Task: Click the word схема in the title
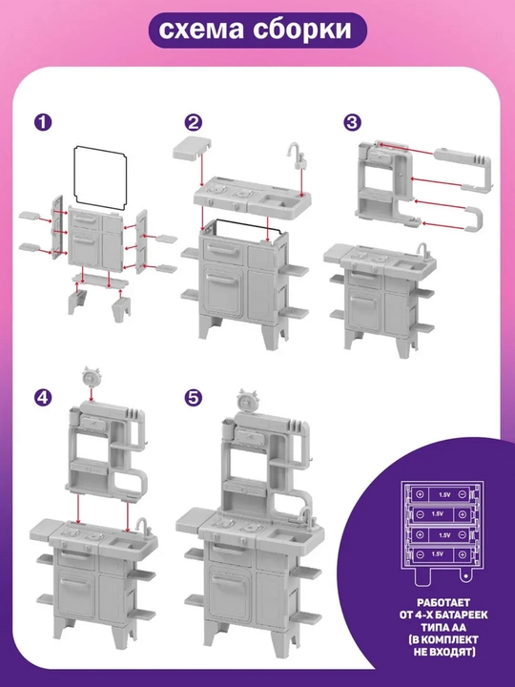click(201, 31)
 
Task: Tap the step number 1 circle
click(43, 122)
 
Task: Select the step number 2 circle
click(193, 122)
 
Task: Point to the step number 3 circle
click(352, 122)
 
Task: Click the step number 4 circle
click(43, 397)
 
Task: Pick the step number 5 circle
click(193, 397)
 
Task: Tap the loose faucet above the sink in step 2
click(297, 156)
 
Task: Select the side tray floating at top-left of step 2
click(192, 150)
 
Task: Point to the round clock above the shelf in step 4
click(91, 377)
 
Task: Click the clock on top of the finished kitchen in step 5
click(247, 400)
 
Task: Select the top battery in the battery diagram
click(442, 494)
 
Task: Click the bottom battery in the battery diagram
click(442, 554)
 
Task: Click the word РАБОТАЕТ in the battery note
click(443, 603)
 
